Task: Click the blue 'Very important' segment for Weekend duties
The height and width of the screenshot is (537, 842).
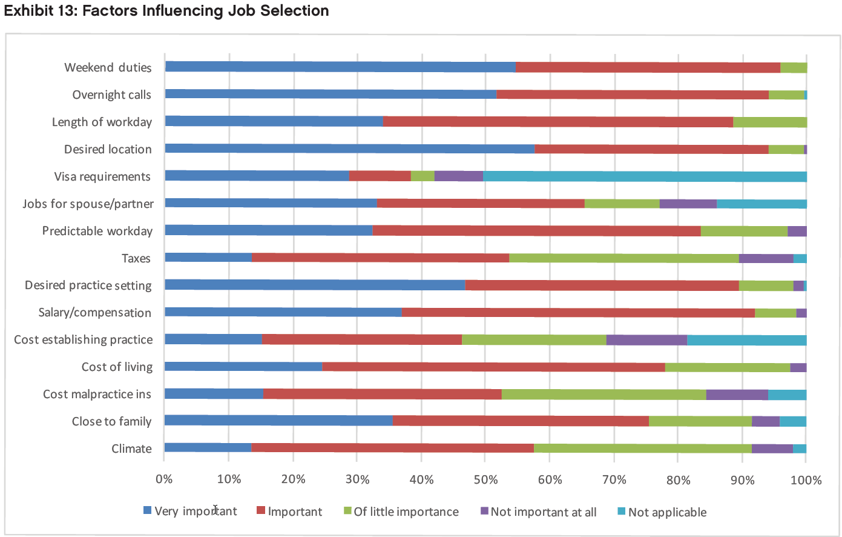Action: [x=340, y=67]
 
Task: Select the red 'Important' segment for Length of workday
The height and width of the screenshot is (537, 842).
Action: [x=557, y=122]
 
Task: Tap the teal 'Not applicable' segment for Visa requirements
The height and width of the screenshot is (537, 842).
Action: [x=645, y=176]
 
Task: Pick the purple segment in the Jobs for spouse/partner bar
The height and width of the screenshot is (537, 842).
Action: [x=688, y=204]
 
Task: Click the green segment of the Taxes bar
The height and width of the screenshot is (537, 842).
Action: [x=623, y=258]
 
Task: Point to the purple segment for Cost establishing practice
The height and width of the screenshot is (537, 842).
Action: [x=646, y=340]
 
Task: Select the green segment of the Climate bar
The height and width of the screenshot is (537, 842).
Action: [x=642, y=449]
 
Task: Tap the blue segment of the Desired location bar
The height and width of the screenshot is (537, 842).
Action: [x=349, y=149]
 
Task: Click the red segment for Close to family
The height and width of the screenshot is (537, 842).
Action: [x=521, y=421]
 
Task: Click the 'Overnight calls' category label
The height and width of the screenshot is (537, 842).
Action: [x=111, y=95]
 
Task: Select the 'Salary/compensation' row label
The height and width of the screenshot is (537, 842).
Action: [x=94, y=313]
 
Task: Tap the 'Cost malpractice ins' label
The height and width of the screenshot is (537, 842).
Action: [x=97, y=395]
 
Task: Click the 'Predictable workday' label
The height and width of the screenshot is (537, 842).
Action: [x=97, y=232]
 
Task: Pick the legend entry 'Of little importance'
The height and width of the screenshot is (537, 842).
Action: [x=406, y=512]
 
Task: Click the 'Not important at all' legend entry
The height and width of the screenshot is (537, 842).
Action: [x=543, y=512]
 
